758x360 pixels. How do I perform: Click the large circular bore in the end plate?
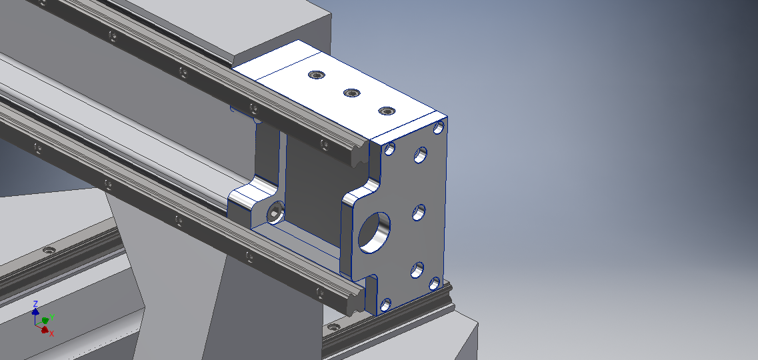coord(374,233)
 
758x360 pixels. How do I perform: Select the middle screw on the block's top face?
coord(351,93)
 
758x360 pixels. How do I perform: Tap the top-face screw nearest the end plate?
coord(386,111)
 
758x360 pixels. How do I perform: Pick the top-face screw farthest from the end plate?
coord(316,75)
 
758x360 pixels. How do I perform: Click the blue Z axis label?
coord(35,304)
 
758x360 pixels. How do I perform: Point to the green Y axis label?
coord(51,317)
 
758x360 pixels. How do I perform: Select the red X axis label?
coord(51,333)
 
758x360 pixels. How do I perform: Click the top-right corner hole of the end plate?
coord(439,127)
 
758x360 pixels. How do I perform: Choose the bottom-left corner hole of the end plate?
coord(385,305)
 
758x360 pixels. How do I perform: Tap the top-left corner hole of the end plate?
coord(389,149)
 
